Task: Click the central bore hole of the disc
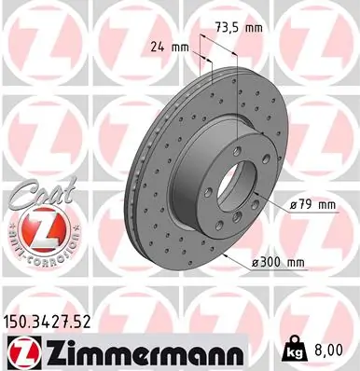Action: click(x=256, y=178)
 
